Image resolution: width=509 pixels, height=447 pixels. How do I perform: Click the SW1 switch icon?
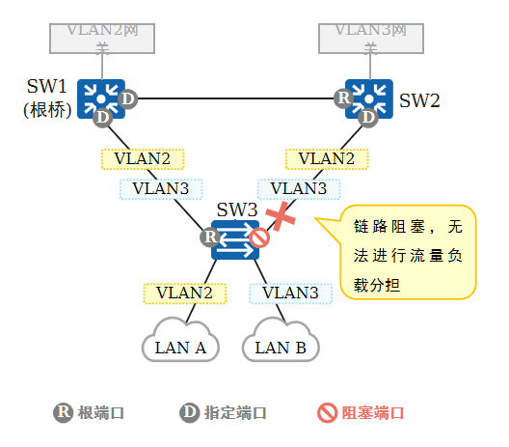(101, 98)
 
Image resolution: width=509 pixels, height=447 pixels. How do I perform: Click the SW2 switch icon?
(369, 98)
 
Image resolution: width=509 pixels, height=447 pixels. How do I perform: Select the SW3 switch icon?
(235, 240)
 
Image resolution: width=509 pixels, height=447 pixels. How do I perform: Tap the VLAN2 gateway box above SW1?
(102, 39)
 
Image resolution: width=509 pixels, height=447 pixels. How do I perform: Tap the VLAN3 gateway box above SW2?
(371, 39)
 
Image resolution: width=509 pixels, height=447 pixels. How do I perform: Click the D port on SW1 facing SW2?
(127, 98)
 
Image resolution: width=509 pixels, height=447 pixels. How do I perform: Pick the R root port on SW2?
(344, 98)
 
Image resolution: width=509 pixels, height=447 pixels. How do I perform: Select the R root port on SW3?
(210, 237)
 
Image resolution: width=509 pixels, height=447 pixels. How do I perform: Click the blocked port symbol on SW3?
(259, 237)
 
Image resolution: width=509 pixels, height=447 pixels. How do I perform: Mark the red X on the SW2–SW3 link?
(281, 216)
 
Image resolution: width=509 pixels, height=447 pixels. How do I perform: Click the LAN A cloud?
(180, 340)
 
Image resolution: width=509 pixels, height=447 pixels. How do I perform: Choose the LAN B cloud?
(281, 340)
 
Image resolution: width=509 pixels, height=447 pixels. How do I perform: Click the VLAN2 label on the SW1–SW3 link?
(143, 159)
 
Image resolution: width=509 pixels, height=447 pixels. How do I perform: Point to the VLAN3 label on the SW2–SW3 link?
(299, 189)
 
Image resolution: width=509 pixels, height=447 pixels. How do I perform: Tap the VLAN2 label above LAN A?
(185, 293)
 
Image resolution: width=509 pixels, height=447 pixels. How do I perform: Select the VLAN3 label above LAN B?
(290, 293)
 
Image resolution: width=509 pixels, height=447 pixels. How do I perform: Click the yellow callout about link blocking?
(408, 252)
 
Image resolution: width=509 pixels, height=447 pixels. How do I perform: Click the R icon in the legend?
(64, 413)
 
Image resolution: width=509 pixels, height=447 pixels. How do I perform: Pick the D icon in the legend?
(190, 413)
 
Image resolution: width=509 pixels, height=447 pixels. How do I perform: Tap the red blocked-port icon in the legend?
(327, 413)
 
